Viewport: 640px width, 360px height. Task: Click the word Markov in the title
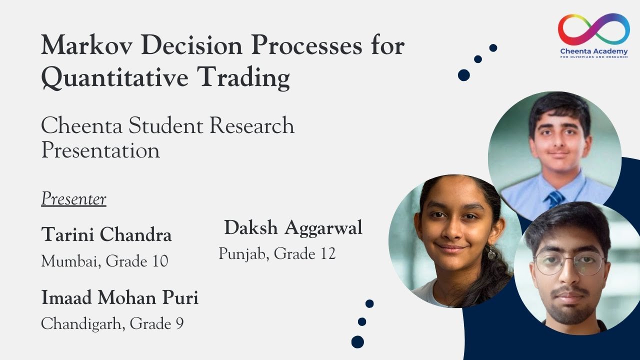point(87,45)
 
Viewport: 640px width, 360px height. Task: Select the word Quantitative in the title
point(115,77)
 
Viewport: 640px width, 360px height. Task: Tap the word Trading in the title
point(244,77)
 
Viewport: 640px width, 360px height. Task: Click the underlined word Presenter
point(73,198)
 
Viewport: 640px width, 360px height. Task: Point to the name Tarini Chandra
point(106,234)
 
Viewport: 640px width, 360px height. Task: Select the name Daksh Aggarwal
point(293,228)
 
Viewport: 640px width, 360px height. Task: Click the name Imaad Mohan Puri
point(119,297)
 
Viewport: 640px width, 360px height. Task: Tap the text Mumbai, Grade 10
point(104,261)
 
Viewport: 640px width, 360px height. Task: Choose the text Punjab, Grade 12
point(277,253)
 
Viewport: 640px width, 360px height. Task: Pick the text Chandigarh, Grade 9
point(112,323)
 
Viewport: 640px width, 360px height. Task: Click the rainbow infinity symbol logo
point(593,29)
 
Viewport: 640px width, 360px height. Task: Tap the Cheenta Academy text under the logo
point(594,51)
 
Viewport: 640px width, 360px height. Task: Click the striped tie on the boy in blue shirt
point(555,199)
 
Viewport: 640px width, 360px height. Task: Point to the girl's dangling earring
point(491,252)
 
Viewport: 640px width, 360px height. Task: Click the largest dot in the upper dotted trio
point(463,75)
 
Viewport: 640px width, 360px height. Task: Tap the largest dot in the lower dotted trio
point(357,341)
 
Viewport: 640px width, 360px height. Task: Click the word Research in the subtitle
point(251,125)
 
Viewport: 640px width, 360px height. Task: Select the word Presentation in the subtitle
point(100,150)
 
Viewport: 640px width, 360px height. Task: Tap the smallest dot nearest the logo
point(493,47)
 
